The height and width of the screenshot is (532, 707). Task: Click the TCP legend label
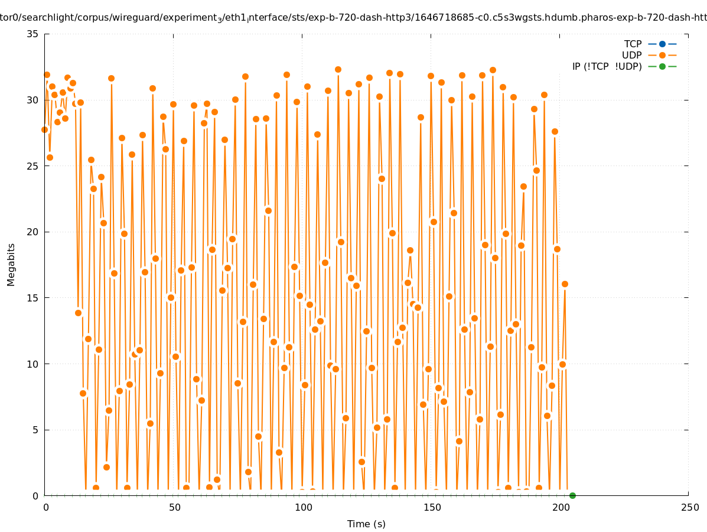[633, 44]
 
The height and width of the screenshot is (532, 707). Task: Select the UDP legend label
[631, 55]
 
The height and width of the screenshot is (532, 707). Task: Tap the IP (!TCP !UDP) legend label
[607, 66]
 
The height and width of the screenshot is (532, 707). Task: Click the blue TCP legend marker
[662, 44]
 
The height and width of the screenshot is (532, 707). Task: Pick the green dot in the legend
[662, 66]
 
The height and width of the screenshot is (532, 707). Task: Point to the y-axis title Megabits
[11, 264]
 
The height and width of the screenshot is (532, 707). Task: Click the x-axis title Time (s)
[366, 524]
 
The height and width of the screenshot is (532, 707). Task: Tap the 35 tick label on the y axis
[32, 34]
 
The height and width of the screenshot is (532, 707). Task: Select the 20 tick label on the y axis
[32, 232]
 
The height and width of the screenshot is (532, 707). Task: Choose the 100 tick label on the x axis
[302, 507]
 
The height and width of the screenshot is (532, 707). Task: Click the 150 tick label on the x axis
[432, 507]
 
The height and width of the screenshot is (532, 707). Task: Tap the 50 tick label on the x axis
[174, 507]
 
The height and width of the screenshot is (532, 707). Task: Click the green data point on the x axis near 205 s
[572, 495]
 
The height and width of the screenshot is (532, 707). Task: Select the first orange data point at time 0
[44, 129]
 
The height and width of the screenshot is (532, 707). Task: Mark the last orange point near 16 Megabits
[565, 284]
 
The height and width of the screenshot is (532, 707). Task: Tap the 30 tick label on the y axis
[32, 100]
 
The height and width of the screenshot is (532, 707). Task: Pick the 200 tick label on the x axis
[561, 507]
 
